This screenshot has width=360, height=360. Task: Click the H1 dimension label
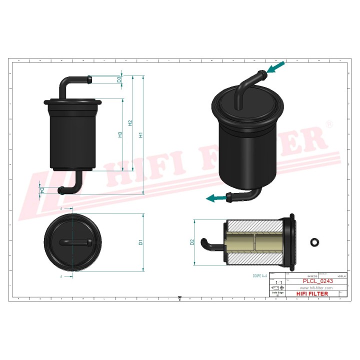141,134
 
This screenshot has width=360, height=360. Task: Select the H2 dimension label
130,123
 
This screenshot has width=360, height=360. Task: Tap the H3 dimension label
120,134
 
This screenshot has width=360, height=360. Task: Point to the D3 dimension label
119,79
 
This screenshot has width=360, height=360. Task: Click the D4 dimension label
42,189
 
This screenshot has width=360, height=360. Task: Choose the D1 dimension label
141,242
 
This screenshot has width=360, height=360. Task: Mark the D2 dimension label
192,242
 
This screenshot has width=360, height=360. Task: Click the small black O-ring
314,242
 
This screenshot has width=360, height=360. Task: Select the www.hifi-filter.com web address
316,288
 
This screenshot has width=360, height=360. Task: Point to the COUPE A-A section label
260,275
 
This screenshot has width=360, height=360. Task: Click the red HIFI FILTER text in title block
312,293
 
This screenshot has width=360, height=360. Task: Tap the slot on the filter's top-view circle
73,242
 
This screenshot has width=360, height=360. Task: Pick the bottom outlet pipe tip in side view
60,189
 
